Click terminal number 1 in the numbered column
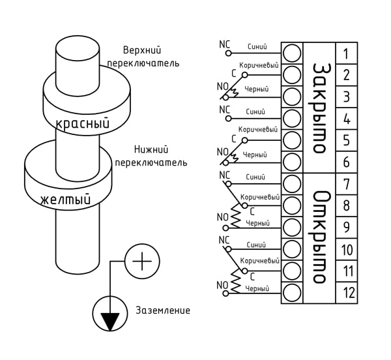click(x=345, y=53)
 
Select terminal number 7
click(x=347, y=184)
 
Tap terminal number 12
click(x=349, y=293)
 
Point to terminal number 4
click(x=347, y=119)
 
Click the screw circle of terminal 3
click(x=292, y=97)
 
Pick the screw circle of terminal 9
click(x=292, y=227)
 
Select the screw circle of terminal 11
click(x=292, y=271)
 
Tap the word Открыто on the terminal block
click(x=319, y=237)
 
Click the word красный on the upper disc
click(x=83, y=123)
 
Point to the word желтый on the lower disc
click(x=65, y=200)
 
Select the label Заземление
click(x=162, y=310)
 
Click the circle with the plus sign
click(x=142, y=262)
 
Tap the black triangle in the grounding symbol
click(x=110, y=322)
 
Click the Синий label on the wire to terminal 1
click(x=257, y=47)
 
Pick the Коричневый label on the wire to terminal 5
click(x=258, y=130)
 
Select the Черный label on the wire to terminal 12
click(x=257, y=289)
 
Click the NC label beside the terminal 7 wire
click(x=224, y=175)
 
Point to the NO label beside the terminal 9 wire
click(x=222, y=217)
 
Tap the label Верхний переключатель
click(x=143, y=57)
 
